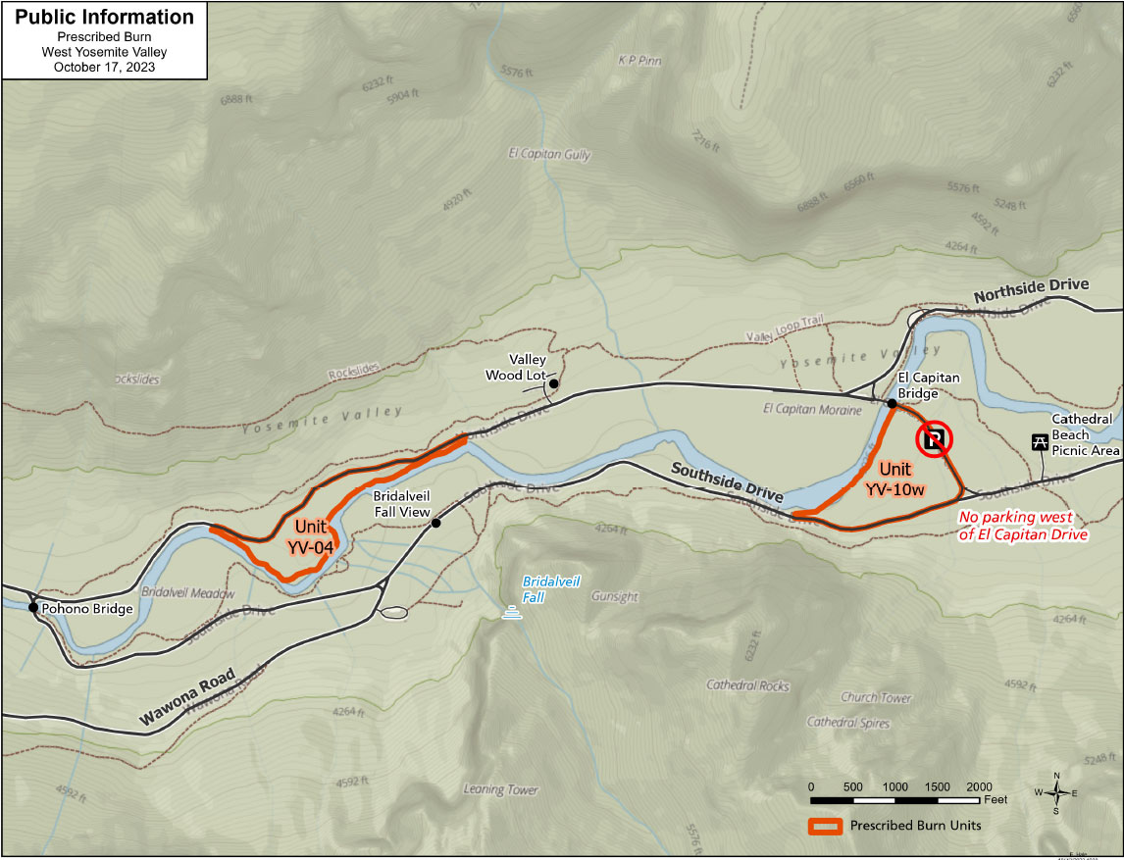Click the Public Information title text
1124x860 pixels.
(104, 18)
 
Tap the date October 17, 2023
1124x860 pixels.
(104, 68)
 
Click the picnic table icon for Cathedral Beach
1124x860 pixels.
(1038, 442)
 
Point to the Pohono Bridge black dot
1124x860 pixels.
(33, 608)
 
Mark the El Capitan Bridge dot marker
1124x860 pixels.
(892, 403)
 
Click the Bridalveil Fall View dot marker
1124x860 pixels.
(435, 523)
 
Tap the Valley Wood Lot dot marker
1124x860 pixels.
(553, 383)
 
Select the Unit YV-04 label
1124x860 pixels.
(310, 536)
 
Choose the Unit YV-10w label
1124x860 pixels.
(901, 479)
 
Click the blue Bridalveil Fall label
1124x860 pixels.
(550, 588)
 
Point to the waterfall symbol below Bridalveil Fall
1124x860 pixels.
(510, 614)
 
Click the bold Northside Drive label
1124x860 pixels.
(1031, 290)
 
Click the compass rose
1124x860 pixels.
(1056, 793)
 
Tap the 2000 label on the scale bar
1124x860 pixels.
(979, 787)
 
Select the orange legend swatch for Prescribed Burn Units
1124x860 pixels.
(824, 826)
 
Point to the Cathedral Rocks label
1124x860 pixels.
(747, 685)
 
